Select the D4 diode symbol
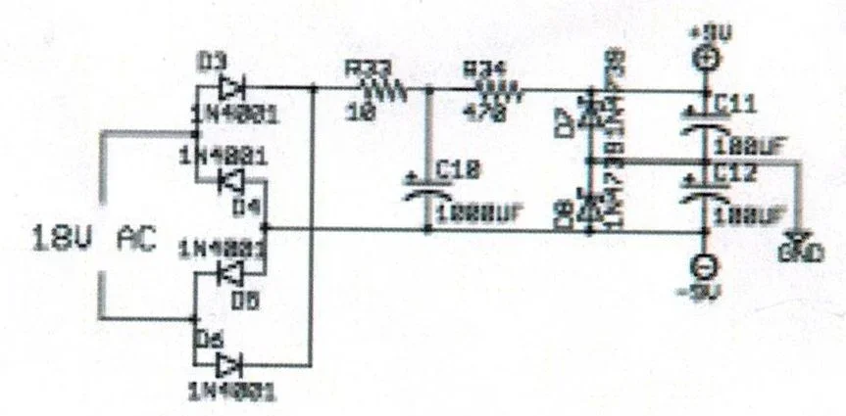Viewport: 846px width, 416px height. pos(230,179)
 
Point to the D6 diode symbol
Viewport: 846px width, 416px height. pos(228,366)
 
